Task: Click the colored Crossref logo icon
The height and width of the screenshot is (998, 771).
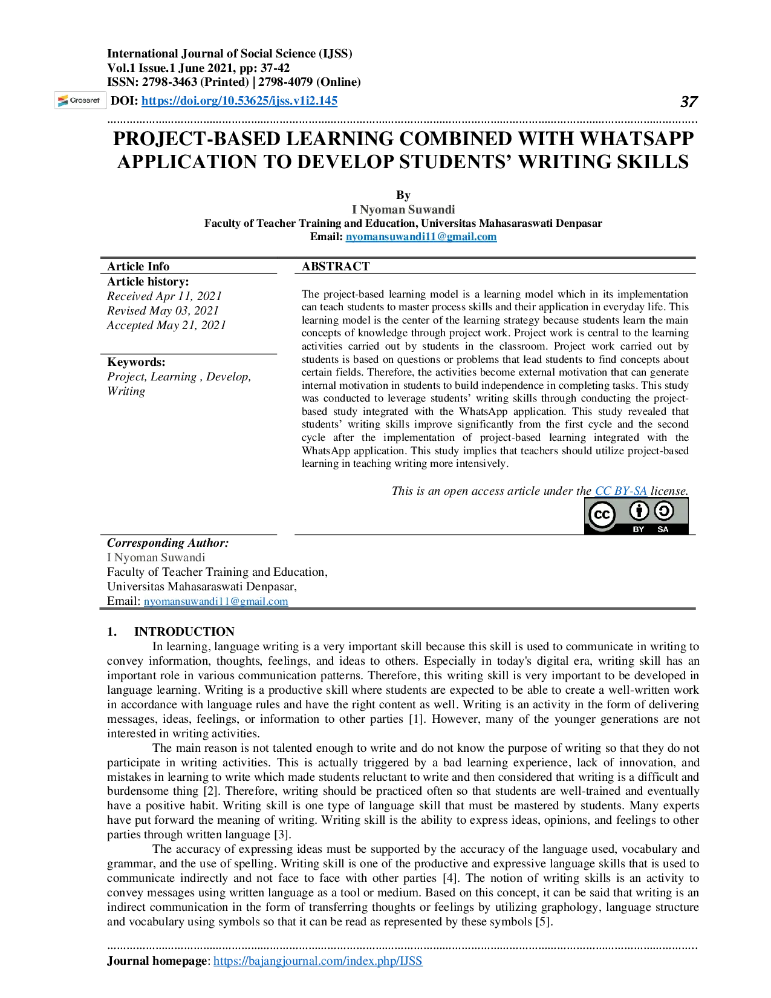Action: tap(62, 100)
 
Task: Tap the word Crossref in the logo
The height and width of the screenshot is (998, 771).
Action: tap(85, 100)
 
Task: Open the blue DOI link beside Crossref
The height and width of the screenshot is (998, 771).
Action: tap(239, 100)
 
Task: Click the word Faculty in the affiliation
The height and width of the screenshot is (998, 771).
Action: tap(223, 223)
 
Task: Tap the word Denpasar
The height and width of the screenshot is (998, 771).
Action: tap(579, 223)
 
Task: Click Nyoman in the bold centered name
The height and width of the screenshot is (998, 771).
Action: tap(383, 210)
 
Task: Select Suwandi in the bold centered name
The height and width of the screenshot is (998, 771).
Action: tap(432, 210)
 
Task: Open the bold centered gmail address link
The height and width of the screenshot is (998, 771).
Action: tap(421, 236)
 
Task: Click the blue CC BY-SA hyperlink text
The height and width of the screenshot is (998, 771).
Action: tap(621, 491)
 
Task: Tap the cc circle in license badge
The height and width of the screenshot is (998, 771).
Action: tap(602, 515)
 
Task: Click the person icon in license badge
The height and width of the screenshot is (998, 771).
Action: tap(639, 511)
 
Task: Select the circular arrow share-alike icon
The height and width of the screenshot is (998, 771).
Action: tap(664, 511)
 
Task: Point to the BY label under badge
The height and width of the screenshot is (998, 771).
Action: tap(639, 529)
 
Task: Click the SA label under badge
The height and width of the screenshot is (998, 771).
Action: tap(663, 529)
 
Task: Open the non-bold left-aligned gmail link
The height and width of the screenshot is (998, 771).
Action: tap(216, 601)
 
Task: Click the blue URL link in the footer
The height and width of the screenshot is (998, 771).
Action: tap(318, 960)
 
